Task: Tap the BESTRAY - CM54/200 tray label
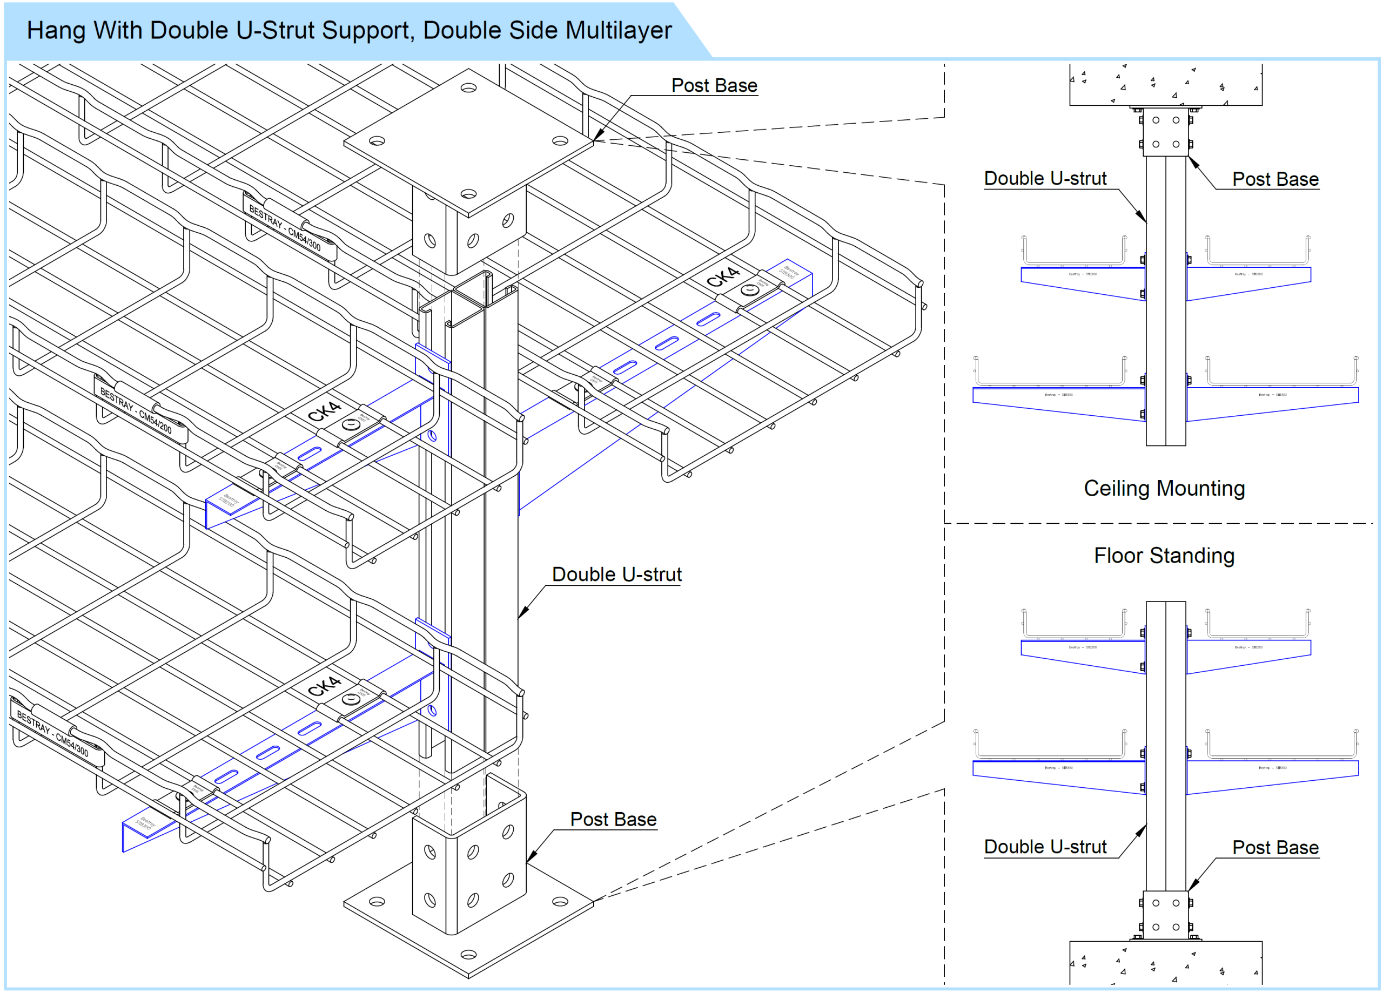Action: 136,412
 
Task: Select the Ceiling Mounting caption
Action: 1164,489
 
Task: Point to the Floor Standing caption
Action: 1164,556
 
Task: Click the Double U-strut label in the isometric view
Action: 616,575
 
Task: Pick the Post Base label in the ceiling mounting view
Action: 1275,179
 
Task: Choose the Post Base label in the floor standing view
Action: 1275,848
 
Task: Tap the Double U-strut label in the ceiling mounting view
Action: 1045,179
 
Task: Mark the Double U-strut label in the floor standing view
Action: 1045,847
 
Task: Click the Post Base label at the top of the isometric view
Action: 714,86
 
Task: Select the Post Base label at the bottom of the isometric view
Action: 613,820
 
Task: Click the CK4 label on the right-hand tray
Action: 723,278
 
